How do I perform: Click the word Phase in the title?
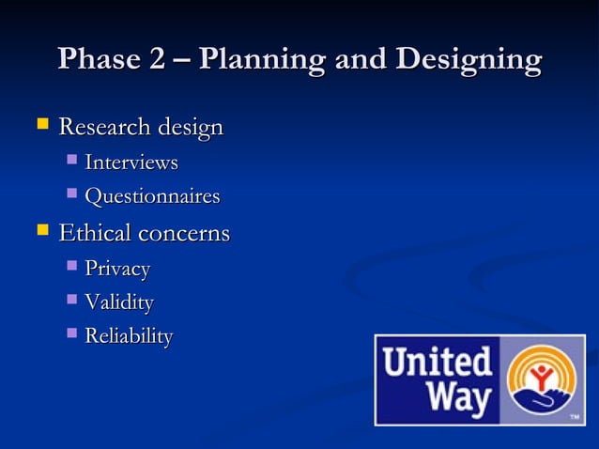(x=95, y=60)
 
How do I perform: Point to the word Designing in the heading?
(x=468, y=61)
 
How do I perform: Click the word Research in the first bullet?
(x=105, y=126)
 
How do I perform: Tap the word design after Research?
(x=190, y=127)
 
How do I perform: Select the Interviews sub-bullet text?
(x=131, y=163)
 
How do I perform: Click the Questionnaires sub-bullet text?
(x=152, y=197)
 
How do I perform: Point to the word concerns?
(x=182, y=233)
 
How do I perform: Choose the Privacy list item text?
(x=117, y=270)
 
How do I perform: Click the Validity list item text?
(x=119, y=303)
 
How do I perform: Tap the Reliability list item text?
(x=129, y=336)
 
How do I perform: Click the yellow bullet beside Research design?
(x=41, y=124)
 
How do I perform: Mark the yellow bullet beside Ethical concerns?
(x=41, y=230)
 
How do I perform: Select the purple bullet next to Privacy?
(x=72, y=268)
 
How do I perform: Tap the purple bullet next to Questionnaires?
(x=72, y=195)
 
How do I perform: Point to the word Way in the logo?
(x=459, y=399)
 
